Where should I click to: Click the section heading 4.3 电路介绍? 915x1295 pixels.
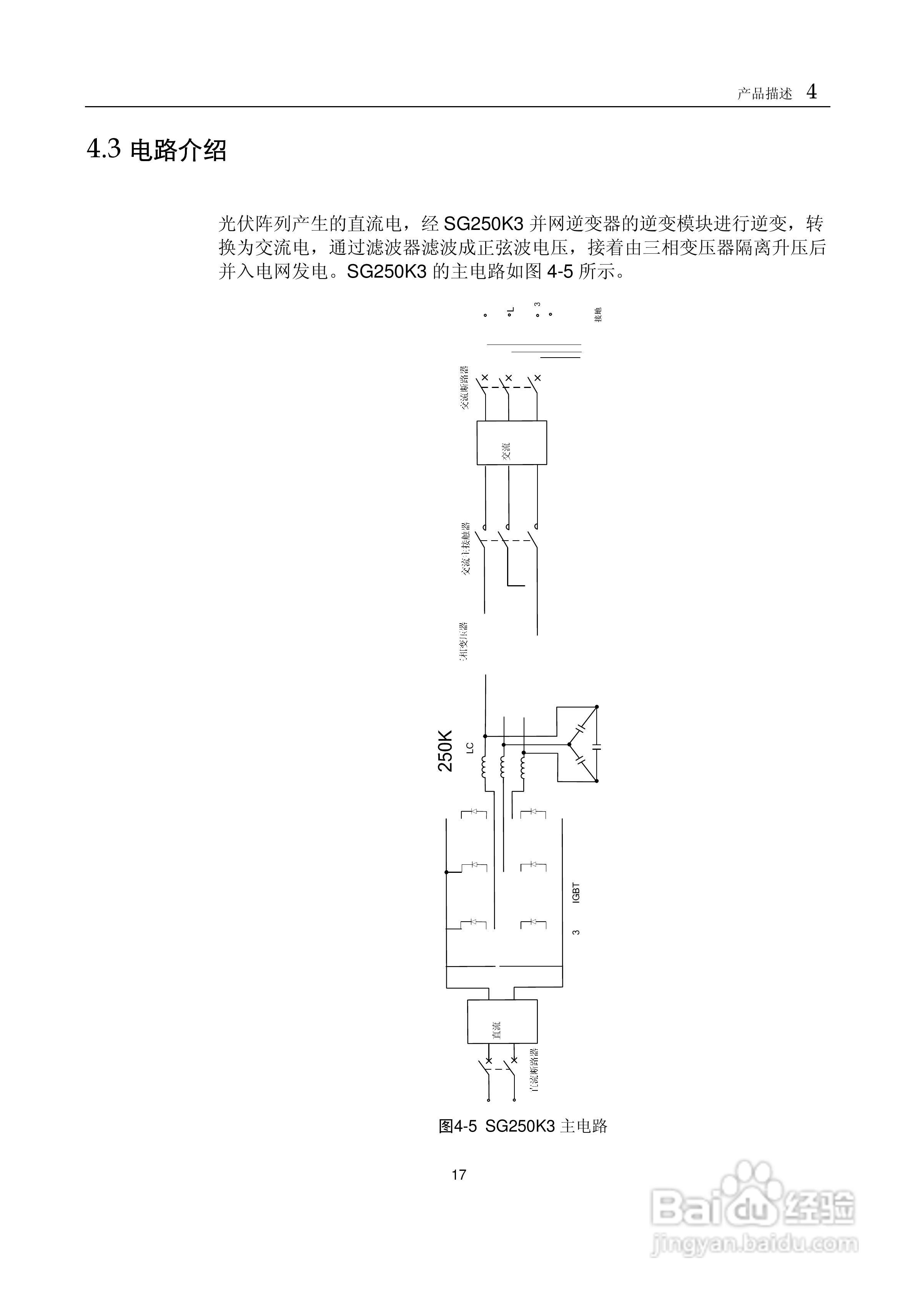[156, 150]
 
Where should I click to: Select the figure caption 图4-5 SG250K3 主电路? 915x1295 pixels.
[523, 1126]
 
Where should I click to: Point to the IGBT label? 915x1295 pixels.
[576, 893]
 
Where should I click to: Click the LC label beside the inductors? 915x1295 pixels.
[470, 749]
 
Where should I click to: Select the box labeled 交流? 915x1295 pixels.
[512, 443]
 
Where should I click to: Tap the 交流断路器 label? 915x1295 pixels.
[464, 388]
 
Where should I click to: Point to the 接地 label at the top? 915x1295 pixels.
[598, 315]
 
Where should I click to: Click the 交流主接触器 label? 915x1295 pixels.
[465, 548]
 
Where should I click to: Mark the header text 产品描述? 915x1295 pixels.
[764, 94]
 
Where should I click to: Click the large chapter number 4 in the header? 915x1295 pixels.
[811, 92]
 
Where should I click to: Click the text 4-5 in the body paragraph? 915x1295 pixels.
[560, 272]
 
